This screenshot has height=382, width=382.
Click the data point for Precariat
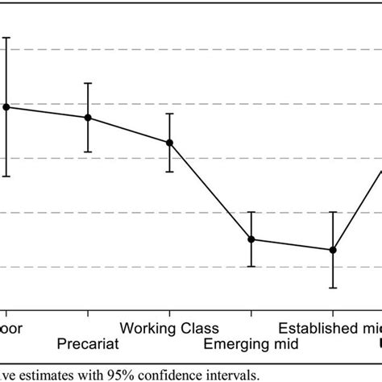[88, 118]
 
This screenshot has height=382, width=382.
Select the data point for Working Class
[169, 143]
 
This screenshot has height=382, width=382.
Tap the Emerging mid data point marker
[251, 239]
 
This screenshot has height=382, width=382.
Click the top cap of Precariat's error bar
[88, 83]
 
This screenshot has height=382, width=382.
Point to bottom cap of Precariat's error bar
[88, 152]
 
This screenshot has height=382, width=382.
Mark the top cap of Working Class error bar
[169, 114]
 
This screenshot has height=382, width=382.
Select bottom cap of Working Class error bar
[169, 172]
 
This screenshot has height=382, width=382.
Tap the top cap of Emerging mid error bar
[251, 212]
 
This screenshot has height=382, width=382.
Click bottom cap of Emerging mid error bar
[251, 267]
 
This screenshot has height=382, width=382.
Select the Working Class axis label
[168, 329]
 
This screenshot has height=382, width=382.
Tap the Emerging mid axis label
[251, 345]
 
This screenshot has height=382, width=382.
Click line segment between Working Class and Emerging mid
[210, 191]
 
